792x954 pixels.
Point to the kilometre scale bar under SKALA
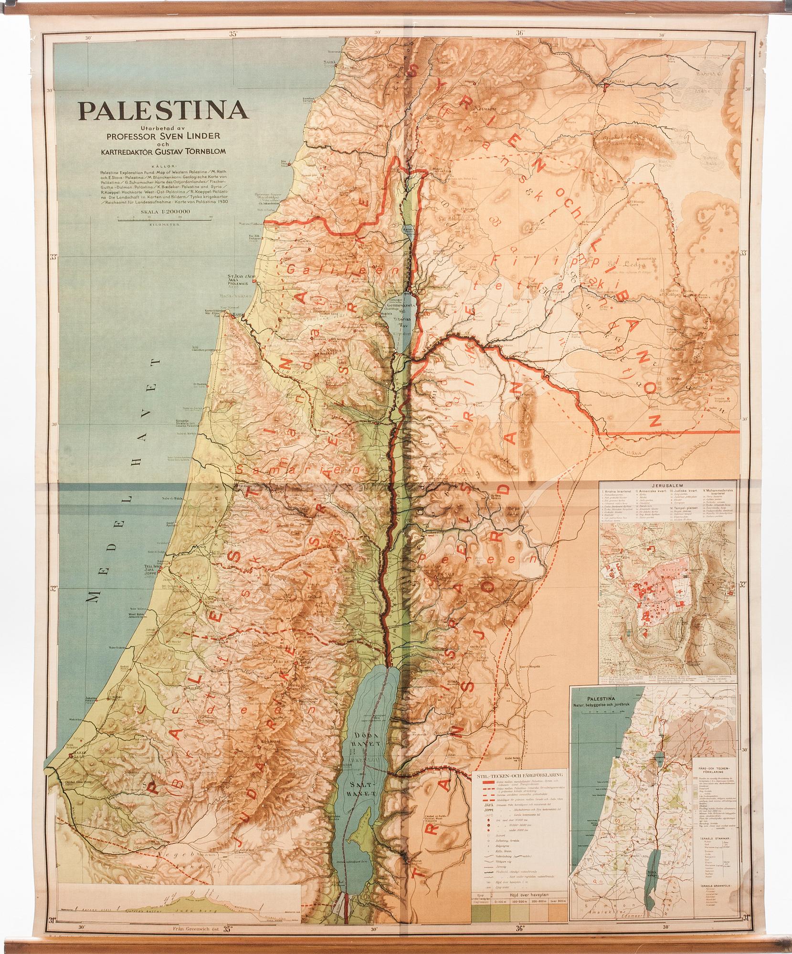(166, 219)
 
